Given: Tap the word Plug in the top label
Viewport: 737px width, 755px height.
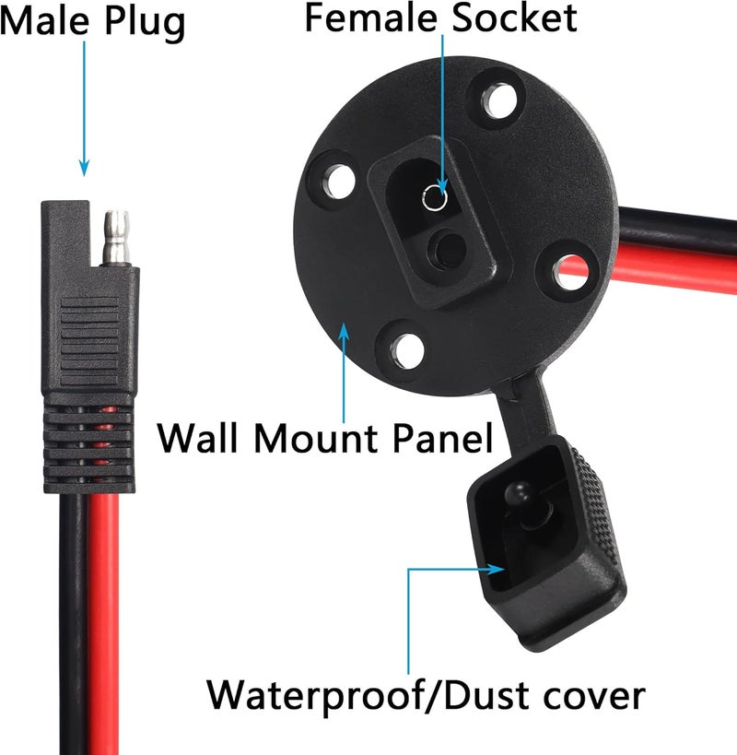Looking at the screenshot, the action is tap(145, 24).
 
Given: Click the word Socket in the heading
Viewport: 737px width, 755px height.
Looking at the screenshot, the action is tap(514, 18).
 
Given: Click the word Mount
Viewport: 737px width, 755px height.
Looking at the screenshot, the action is tap(316, 438).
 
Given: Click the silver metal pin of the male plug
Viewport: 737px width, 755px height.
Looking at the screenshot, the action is tap(116, 238).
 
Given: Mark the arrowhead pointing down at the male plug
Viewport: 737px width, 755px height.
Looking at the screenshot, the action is tap(84, 168).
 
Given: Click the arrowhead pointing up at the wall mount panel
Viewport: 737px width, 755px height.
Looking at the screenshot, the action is tap(344, 331).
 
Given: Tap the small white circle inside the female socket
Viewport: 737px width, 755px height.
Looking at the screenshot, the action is tap(436, 198).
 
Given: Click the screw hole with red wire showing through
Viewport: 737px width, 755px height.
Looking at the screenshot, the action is tap(571, 272).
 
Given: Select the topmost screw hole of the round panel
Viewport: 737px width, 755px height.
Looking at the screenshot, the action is tap(499, 100).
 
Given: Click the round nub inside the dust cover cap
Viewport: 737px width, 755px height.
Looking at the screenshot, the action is tap(517, 492).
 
